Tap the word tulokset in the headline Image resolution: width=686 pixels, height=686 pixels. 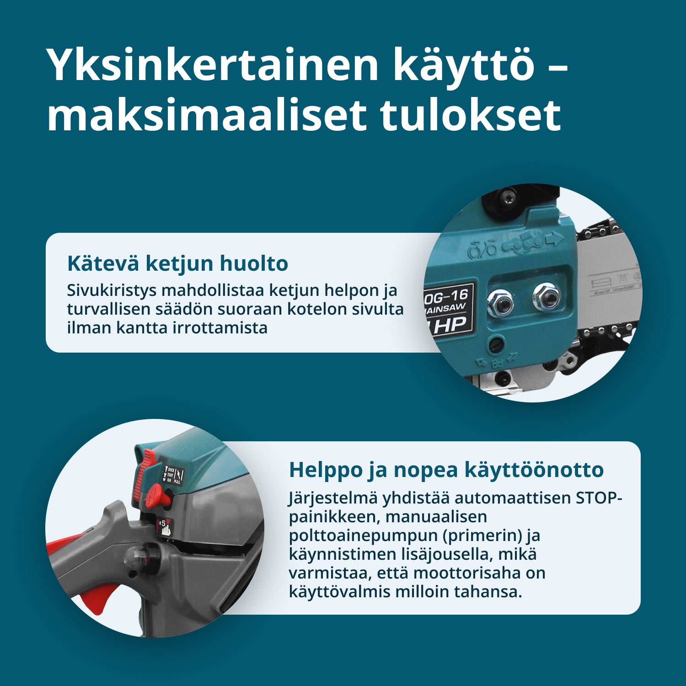point(471,115)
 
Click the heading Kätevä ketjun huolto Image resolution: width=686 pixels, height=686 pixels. point(177,263)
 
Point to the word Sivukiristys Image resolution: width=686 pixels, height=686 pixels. point(112,290)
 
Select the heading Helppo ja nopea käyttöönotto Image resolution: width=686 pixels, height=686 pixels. point(446,470)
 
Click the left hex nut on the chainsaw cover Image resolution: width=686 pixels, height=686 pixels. point(500,302)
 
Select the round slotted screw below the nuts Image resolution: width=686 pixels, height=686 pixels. point(497,343)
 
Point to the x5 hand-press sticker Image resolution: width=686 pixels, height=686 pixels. point(165,527)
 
